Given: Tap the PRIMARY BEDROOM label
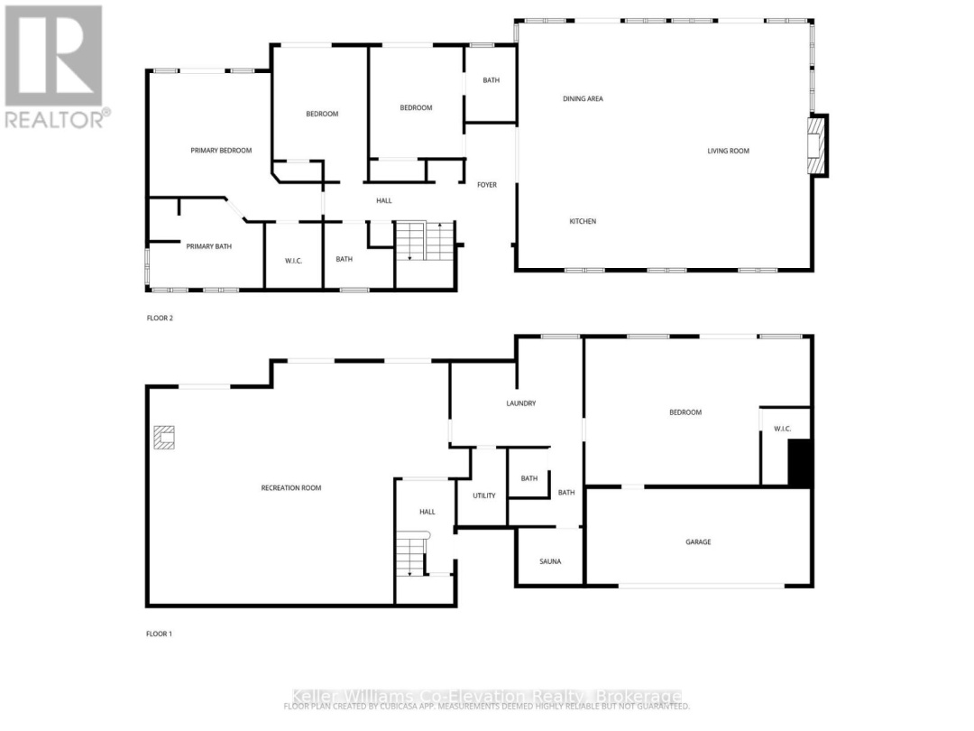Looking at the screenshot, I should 221,151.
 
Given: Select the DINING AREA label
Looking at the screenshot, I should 583,98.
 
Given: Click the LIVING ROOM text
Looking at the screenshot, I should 728,151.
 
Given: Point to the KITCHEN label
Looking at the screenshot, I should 582,221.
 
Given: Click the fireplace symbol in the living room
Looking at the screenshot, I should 816,144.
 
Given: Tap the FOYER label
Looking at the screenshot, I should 487,185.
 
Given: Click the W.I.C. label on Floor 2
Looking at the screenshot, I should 293,260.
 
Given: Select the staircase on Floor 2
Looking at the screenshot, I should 425,241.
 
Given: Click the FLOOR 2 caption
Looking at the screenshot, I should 160,318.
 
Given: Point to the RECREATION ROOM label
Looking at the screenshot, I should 291,488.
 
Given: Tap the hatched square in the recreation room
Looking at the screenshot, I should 164,438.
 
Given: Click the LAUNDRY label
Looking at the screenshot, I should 521,403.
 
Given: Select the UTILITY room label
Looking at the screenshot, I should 484,495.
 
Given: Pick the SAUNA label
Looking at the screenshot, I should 550,561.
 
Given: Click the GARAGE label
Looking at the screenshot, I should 698,542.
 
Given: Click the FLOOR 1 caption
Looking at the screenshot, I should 160,634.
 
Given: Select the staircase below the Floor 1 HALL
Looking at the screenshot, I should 413,555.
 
